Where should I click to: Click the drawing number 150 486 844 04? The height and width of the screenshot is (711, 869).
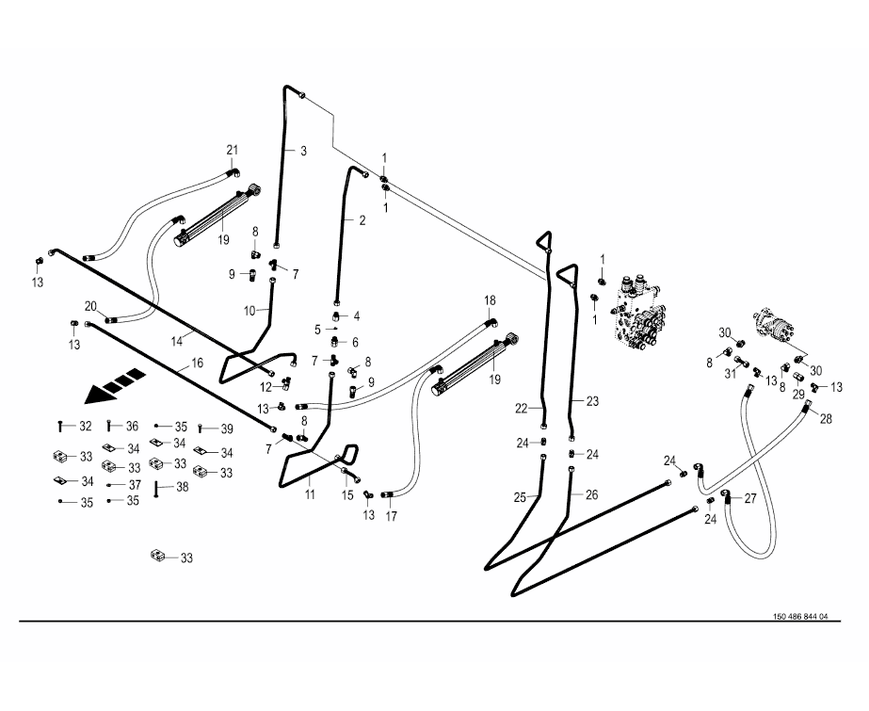[x=799, y=617]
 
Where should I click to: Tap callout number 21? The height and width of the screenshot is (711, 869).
[x=233, y=151]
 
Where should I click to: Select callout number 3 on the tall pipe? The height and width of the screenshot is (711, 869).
[x=303, y=151]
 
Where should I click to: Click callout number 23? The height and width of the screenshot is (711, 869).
[x=592, y=401]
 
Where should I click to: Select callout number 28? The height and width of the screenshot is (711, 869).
[x=826, y=418]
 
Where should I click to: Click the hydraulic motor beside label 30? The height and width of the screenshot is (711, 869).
[x=777, y=326]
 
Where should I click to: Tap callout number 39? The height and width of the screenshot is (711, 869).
[x=227, y=428]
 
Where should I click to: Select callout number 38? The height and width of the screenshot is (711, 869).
[x=183, y=487]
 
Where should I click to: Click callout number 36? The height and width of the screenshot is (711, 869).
[x=133, y=426]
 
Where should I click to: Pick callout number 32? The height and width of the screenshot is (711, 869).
[x=86, y=427]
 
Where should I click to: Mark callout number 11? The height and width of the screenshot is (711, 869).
[x=309, y=493]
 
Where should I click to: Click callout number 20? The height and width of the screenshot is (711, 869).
[x=90, y=305]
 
